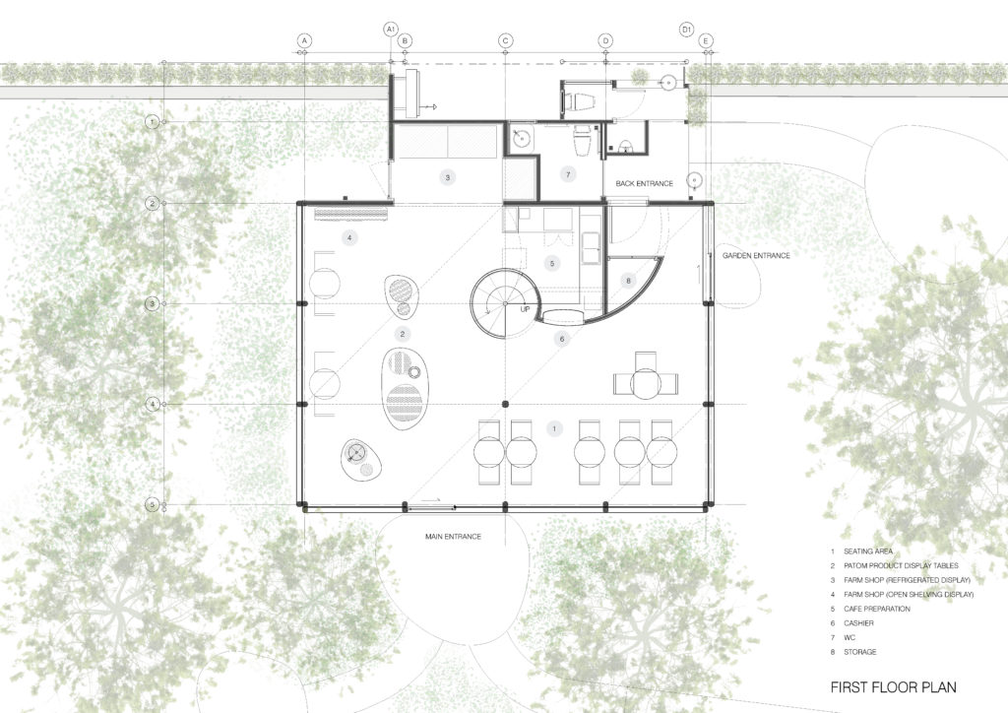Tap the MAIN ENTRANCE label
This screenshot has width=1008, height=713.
click(453, 536)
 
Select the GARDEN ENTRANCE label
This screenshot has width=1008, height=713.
click(756, 256)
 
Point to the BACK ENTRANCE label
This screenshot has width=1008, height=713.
click(645, 184)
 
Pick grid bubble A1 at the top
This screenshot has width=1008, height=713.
click(391, 31)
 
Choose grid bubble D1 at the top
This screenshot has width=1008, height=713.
click(687, 31)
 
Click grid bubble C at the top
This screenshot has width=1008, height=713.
click(505, 40)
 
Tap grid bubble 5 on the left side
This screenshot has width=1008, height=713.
click(152, 505)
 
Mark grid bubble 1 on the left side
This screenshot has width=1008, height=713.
click(152, 122)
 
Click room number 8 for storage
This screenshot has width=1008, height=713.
click(630, 280)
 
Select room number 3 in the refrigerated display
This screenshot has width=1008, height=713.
click(448, 178)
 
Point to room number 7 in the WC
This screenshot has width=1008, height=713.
click(567, 174)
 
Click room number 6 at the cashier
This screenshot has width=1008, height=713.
click(562, 340)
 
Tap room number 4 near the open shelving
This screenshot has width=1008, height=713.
click(349, 238)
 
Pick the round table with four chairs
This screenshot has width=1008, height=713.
click(646, 381)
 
